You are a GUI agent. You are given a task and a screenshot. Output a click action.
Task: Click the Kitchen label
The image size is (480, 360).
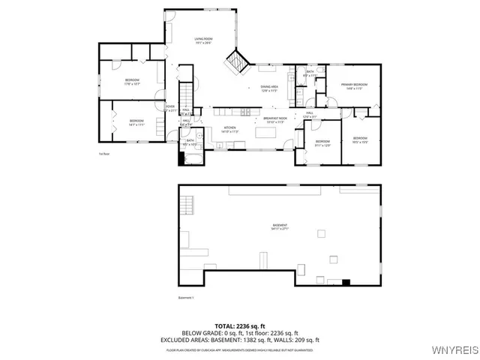click(x=230, y=130)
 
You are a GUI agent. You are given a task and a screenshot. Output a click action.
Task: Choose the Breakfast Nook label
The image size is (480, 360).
click(x=273, y=119)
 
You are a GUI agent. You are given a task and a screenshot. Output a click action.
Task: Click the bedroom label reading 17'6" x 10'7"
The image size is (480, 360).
click(x=132, y=82)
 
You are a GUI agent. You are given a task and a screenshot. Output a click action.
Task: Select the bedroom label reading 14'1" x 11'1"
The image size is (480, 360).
click(x=136, y=122)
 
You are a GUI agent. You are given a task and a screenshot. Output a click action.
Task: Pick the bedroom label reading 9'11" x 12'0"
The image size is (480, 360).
click(x=322, y=142)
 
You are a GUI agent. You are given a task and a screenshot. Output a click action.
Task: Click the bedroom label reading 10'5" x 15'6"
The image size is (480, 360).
click(x=360, y=139)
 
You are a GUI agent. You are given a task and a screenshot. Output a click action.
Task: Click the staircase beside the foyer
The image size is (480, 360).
click(x=186, y=90)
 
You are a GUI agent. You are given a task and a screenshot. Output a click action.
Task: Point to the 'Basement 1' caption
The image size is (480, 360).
click(x=186, y=298)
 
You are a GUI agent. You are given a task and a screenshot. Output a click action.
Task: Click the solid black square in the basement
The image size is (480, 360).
click(x=346, y=283)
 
